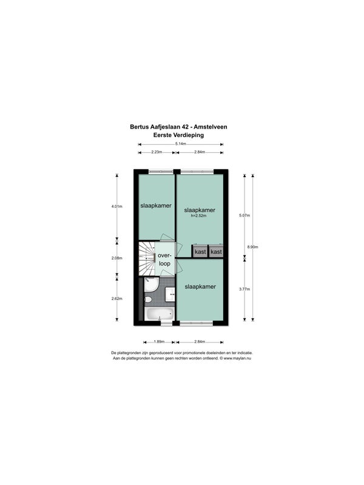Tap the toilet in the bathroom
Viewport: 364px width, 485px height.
tap(148, 299)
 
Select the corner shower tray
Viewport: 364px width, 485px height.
tap(152, 284)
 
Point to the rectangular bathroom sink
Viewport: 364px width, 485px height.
tap(170, 294)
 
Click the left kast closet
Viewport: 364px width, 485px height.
tap(200, 252)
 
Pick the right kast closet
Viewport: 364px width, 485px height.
tap(216, 252)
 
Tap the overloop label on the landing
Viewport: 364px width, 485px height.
tap(164, 259)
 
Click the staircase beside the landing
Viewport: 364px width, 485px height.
tap(146, 258)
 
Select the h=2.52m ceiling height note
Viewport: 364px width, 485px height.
tap(199, 216)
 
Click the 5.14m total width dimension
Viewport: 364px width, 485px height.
tap(180, 144)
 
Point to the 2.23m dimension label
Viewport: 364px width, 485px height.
tap(157, 152)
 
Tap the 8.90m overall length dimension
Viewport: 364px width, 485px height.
tap(252, 247)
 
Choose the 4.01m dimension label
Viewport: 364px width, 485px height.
tap(117, 206)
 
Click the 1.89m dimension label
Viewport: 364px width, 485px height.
tap(159, 342)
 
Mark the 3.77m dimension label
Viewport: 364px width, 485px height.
tap(244, 289)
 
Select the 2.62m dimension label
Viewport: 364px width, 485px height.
tap(117, 298)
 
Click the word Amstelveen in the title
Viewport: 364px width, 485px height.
tap(211, 127)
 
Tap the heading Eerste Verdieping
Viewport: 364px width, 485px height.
tap(178, 135)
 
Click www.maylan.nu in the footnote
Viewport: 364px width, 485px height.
tap(237, 358)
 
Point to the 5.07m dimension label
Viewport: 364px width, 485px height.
tap(244, 216)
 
